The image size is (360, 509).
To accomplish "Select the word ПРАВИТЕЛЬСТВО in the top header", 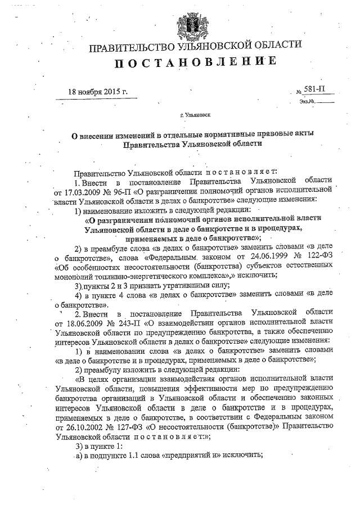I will point(132,46).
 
